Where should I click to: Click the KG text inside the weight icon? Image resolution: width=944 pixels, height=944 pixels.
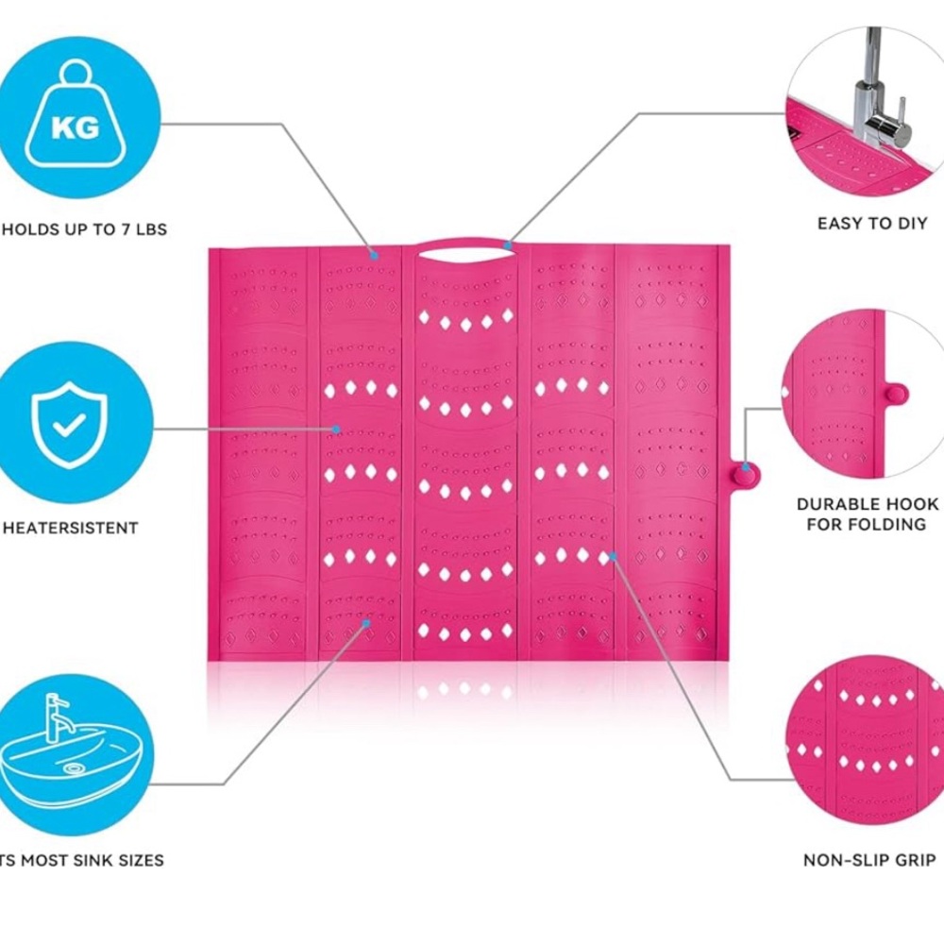(75, 127)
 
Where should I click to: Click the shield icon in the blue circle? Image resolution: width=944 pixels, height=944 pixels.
(69, 425)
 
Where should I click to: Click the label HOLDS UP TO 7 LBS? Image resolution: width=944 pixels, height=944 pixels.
(84, 229)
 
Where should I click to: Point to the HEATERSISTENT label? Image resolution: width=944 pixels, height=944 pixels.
(71, 528)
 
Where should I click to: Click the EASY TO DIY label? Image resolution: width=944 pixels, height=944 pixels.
(872, 224)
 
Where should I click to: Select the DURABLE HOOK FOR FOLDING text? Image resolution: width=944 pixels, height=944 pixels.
(867, 514)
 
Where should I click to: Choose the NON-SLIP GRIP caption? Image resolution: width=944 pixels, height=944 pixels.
(869, 860)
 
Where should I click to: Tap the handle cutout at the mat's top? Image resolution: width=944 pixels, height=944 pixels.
(464, 253)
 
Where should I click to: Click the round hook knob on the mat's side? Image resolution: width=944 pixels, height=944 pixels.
(746, 477)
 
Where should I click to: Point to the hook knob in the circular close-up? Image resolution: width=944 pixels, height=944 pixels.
(897, 395)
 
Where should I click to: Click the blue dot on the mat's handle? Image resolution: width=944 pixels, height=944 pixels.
(508, 245)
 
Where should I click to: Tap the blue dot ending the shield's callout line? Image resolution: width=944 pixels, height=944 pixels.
(336, 430)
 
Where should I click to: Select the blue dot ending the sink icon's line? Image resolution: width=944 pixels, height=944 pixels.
(365, 623)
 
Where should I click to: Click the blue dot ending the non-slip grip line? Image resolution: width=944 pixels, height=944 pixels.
(613, 556)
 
